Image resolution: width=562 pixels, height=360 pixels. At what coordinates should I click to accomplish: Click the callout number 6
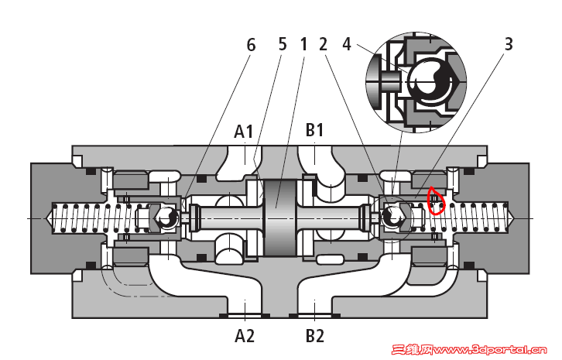click(x=250, y=45)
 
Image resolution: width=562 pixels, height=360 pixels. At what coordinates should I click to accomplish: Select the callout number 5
click(x=283, y=45)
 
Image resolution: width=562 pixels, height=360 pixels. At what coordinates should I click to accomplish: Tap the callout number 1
click(x=304, y=45)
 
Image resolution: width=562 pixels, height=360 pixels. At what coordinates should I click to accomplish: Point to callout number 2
click(x=323, y=45)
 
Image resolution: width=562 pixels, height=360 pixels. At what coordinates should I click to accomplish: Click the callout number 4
click(x=347, y=45)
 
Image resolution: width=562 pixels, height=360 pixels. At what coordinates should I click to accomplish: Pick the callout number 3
click(x=508, y=45)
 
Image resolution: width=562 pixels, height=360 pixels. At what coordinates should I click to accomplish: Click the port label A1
click(x=245, y=132)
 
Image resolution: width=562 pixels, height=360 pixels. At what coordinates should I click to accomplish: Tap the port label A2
click(x=245, y=336)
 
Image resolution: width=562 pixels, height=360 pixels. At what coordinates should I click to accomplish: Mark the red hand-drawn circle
click(x=436, y=202)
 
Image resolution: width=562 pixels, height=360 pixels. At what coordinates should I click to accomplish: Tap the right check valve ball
click(x=393, y=218)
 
